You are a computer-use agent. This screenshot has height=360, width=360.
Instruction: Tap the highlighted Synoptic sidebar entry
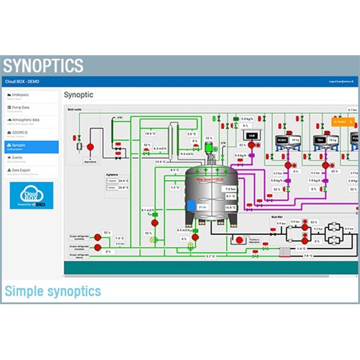[30, 146]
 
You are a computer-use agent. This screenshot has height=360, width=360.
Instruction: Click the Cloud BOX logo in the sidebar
[31, 196]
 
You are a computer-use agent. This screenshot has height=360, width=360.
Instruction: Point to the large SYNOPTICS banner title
[43, 65]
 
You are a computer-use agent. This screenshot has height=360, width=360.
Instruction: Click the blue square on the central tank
[191, 206]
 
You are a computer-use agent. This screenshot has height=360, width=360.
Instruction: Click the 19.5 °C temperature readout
[160, 161]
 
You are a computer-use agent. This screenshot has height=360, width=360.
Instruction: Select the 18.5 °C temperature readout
[149, 133]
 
